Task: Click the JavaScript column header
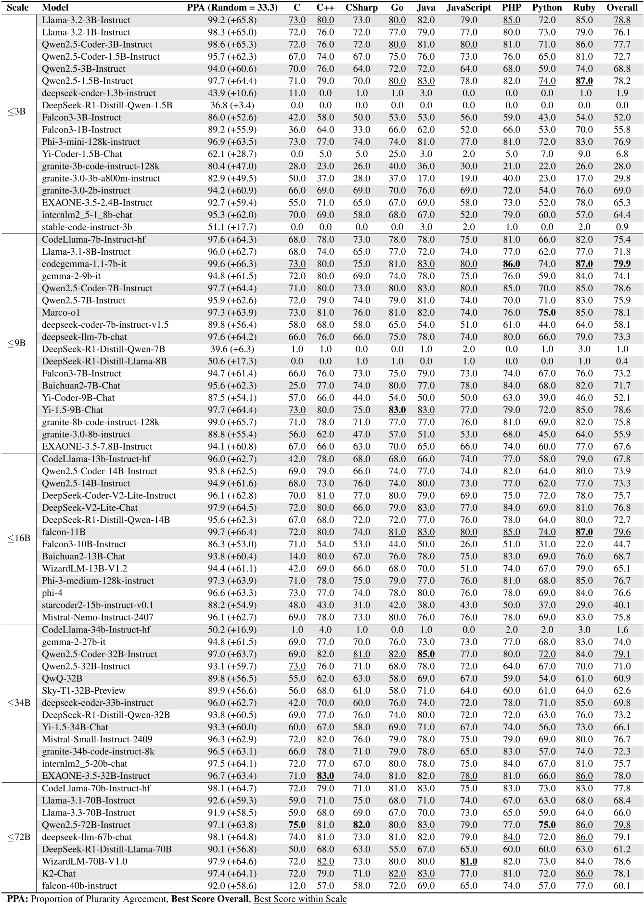(x=468, y=8)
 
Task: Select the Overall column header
(x=622, y=8)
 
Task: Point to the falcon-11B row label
(x=64, y=532)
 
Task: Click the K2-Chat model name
(x=59, y=873)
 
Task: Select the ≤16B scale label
(x=19, y=538)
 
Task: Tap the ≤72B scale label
(x=19, y=837)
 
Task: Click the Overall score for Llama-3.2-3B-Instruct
(x=622, y=20)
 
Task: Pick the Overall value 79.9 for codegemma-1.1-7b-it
(x=622, y=264)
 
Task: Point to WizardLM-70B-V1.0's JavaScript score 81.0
(x=468, y=861)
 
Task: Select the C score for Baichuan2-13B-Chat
(x=297, y=556)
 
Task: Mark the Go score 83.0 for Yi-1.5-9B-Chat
(x=397, y=410)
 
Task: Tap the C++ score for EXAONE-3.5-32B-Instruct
(x=325, y=775)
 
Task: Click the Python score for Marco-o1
(x=547, y=312)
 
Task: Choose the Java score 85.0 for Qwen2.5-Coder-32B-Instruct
(x=425, y=654)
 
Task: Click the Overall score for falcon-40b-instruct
(x=622, y=886)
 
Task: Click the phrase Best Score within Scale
(x=300, y=898)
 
